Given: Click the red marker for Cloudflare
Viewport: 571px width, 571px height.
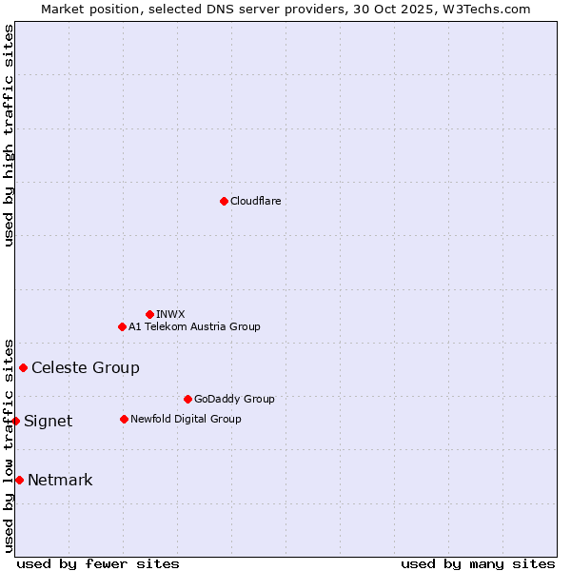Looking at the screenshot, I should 224,201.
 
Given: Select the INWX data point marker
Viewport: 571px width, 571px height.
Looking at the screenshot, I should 149,314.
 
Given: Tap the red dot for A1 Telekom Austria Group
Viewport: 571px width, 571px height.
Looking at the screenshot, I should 122,326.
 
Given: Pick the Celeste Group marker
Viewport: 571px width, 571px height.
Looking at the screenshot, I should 23,367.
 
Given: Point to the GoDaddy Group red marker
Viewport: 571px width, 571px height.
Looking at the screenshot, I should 187,399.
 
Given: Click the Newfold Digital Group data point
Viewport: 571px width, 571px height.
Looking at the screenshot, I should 124,419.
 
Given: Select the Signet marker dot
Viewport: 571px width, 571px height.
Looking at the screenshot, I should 15,421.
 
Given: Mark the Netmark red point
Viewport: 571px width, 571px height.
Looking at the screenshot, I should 19,480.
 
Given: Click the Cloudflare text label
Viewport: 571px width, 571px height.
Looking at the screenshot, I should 255,201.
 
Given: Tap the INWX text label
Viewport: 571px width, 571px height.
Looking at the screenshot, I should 170,314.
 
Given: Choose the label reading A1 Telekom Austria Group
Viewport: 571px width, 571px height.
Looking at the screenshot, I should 194,326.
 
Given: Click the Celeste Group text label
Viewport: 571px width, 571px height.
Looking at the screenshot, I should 86,367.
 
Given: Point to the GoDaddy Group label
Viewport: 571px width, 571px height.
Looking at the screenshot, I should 234,399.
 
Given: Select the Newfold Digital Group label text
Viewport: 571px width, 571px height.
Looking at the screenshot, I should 186,419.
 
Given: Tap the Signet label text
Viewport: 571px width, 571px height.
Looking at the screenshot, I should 48,421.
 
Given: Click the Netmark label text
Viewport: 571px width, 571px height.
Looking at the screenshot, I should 60,480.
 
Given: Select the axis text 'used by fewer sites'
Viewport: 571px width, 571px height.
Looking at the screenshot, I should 98,563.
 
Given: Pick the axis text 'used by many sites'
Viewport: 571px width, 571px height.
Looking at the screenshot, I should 478,563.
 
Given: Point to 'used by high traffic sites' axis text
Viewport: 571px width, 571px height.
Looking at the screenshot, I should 10,135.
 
